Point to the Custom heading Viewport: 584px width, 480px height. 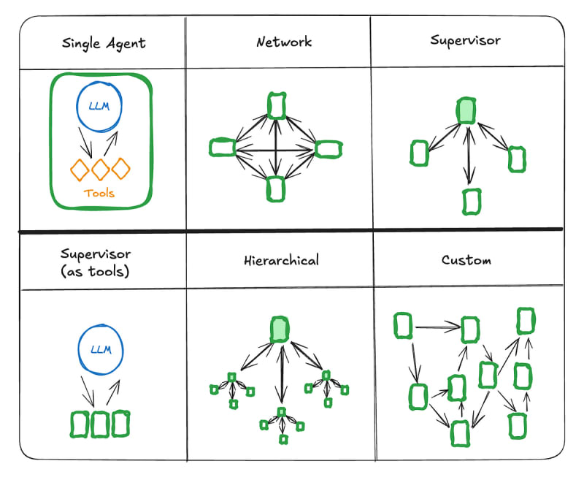pyautogui.click(x=466, y=260)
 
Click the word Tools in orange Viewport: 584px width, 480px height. pyautogui.click(x=100, y=194)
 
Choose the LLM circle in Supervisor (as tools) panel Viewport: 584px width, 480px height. pyautogui.click(x=101, y=348)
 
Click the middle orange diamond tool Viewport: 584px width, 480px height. pyautogui.click(x=101, y=169)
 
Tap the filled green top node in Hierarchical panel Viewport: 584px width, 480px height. pyautogui.click(x=279, y=329)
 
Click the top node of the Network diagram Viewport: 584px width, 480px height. pyautogui.click(x=275, y=105)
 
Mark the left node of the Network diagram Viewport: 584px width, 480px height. pyautogui.click(x=222, y=148)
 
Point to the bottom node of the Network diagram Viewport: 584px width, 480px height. pyautogui.click(x=275, y=188)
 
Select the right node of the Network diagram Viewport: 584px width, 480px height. pyautogui.click(x=328, y=148)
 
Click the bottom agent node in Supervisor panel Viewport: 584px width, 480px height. pyautogui.click(x=472, y=201)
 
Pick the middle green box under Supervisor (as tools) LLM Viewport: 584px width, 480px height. pyautogui.click(x=101, y=423)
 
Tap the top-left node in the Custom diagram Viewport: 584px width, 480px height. pyautogui.click(x=403, y=326)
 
